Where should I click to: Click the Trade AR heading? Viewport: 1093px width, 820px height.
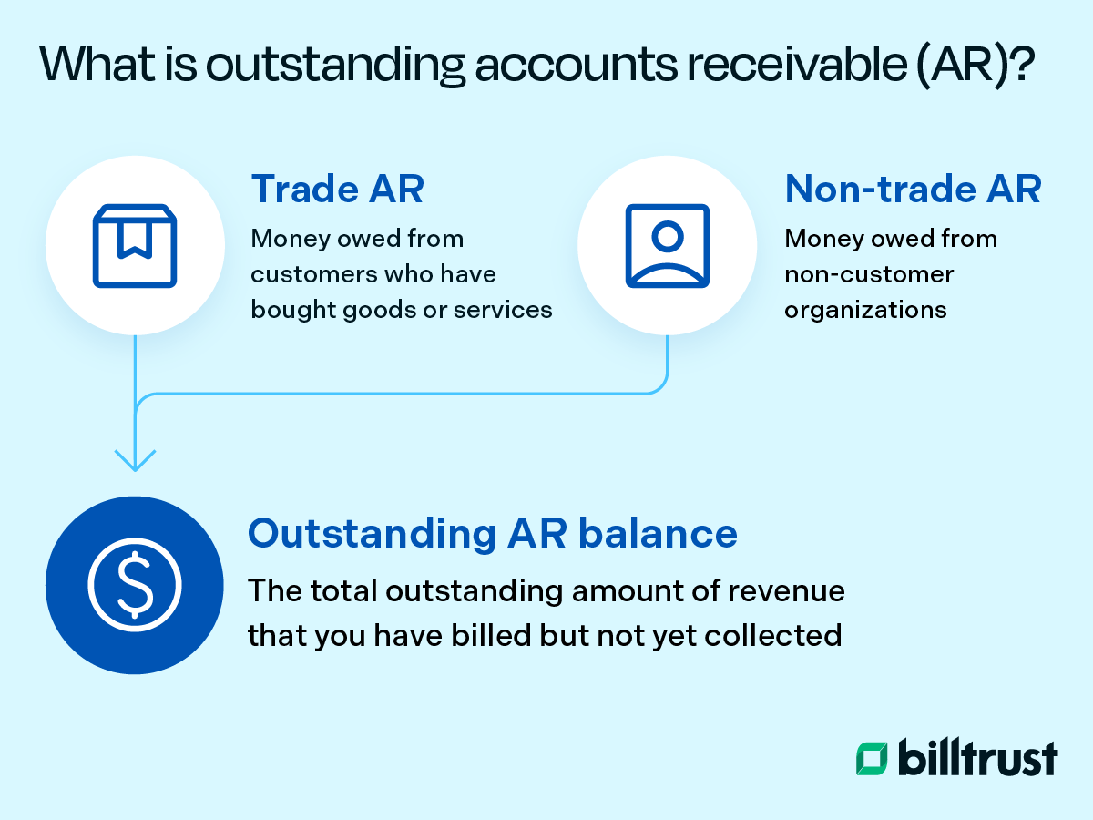(x=337, y=189)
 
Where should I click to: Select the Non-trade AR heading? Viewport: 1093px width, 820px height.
(x=913, y=189)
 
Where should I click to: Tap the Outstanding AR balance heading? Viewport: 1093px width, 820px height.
(x=492, y=533)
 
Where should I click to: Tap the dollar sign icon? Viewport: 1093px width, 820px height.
(x=135, y=584)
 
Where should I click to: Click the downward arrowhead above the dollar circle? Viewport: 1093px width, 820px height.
(x=135, y=459)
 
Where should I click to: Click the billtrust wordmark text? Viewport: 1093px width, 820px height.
(x=978, y=758)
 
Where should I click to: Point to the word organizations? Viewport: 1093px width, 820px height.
(x=865, y=310)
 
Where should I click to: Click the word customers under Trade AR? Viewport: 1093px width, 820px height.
(x=310, y=274)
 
